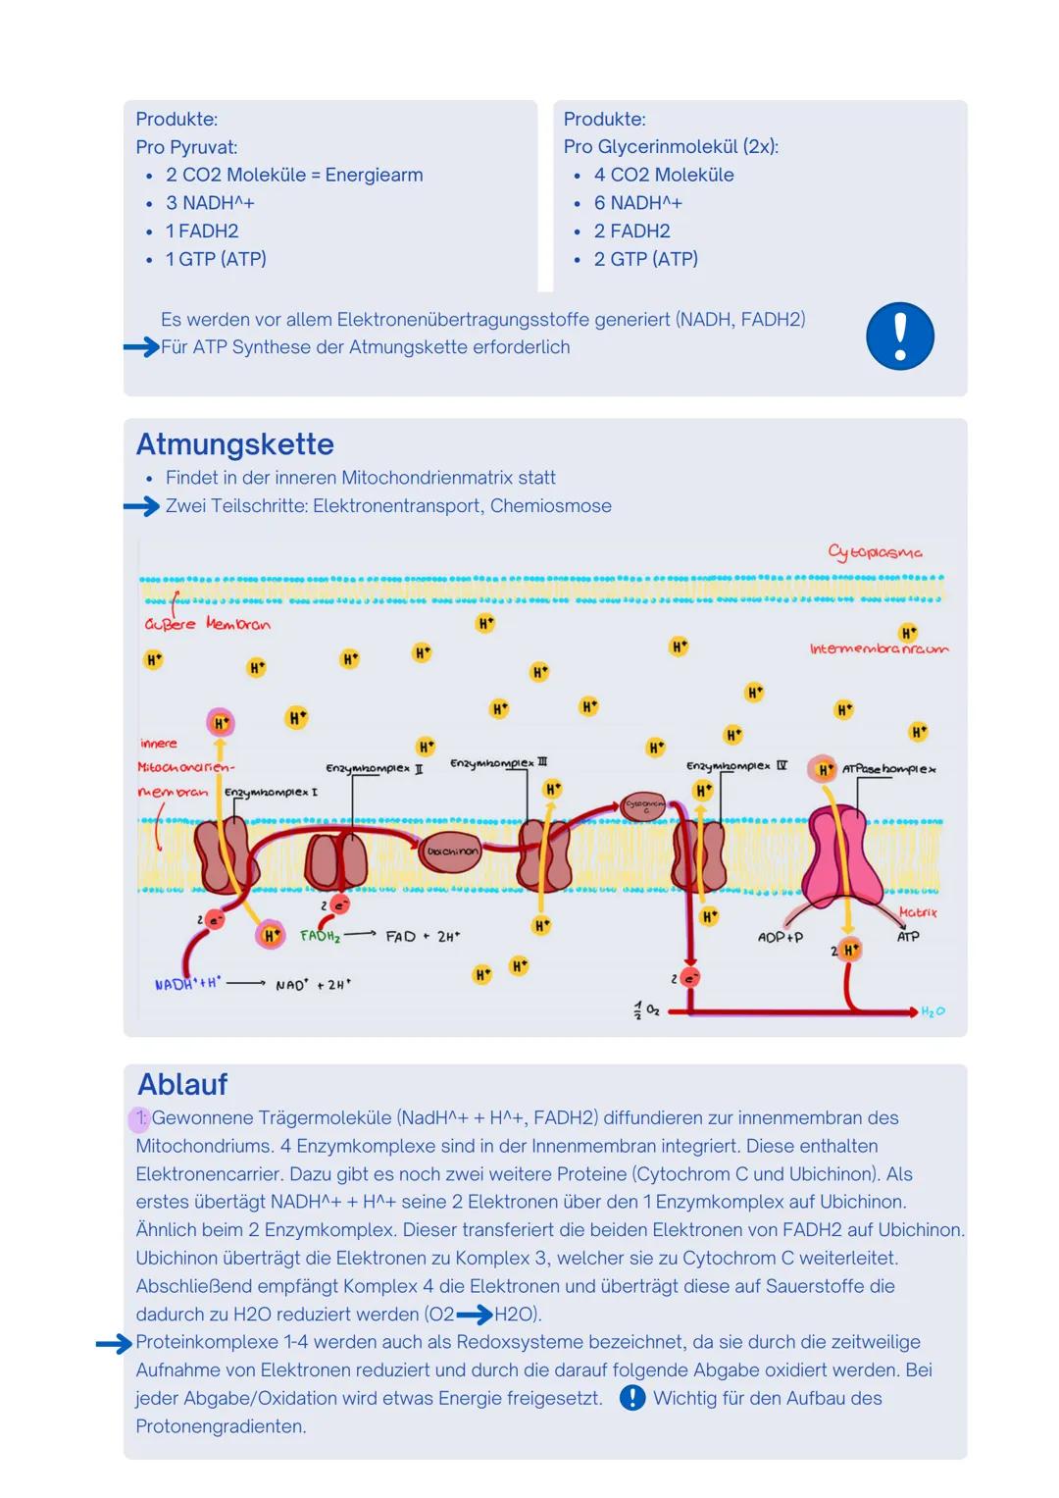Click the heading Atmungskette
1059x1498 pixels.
pyautogui.click(x=234, y=444)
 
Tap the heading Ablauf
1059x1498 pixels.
pyautogui.click(x=182, y=1084)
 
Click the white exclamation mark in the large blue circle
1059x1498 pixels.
pyautogui.click(x=900, y=336)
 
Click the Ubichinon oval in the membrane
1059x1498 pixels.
pyautogui.click(x=451, y=852)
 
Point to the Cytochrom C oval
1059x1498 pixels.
pyautogui.click(x=644, y=806)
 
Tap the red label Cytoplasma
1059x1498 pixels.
pyautogui.click(x=875, y=552)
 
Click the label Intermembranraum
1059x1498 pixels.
pyautogui.click(x=879, y=649)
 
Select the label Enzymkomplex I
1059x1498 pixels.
pyautogui.click(x=271, y=792)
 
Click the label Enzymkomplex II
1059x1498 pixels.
pyautogui.click(x=374, y=769)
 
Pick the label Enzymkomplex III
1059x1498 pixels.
pyautogui.click(x=498, y=762)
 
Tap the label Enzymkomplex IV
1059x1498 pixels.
pyautogui.click(x=735, y=765)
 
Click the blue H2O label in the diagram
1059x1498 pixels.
pyautogui.click(x=933, y=1011)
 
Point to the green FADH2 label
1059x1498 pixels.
pyautogui.click(x=320, y=937)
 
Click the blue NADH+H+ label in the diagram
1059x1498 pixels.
pyautogui.click(x=187, y=983)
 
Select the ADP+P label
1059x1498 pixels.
pyautogui.click(x=780, y=938)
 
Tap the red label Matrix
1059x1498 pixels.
pyautogui.click(x=918, y=913)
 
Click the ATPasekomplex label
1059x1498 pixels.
pyautogui.click(x=888, y=769)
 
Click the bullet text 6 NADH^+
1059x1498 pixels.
pyautogui.click(x=637, y=203)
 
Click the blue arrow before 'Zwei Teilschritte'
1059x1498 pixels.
pyautogui.click(x=141, y=506)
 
